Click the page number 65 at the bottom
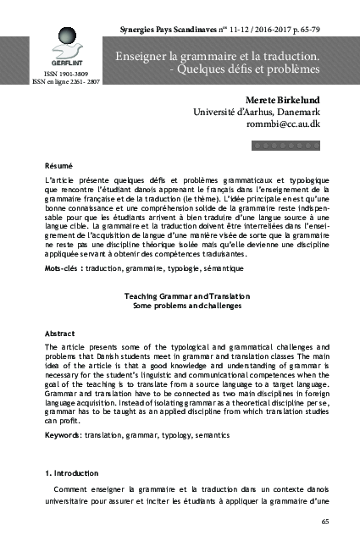(x=325, y=522)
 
